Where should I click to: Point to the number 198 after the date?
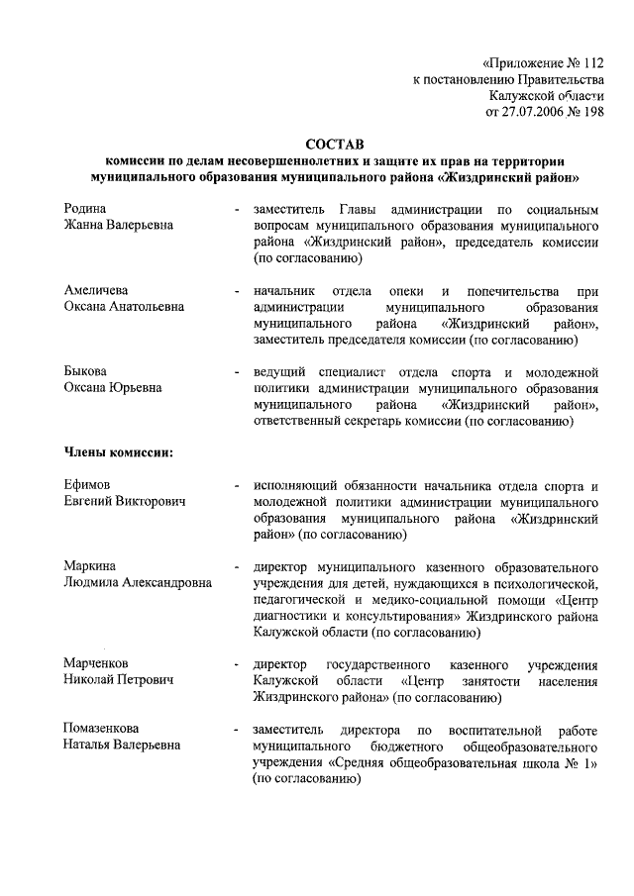point(591,112)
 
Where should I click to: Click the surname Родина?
point(85,209)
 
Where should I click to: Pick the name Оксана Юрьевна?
point(108,388)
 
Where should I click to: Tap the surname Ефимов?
point(87,485)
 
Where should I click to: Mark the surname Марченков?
point(96,662)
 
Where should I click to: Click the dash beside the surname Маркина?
point(235,567)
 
